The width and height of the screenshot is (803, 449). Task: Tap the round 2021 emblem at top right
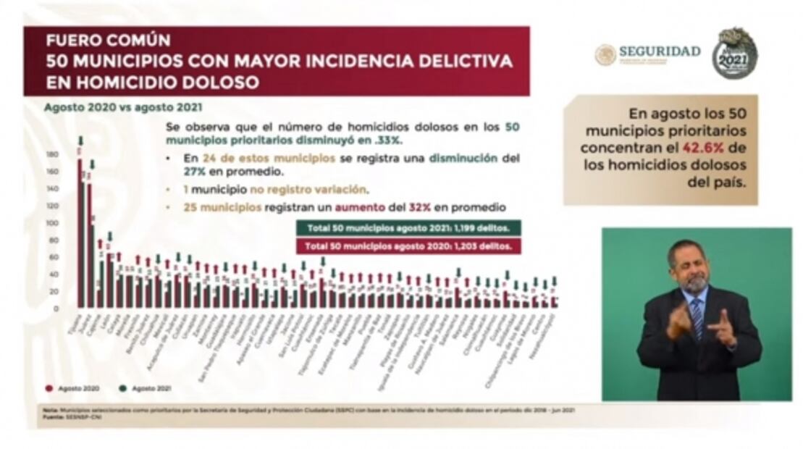734,54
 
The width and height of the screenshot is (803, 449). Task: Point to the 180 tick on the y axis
52,154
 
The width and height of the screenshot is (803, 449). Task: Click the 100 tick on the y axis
52,223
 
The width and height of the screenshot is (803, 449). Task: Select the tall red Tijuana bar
80,232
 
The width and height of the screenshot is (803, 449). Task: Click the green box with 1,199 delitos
408,229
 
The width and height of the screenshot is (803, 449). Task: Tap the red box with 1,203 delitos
408,246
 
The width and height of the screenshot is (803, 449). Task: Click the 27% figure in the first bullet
174,173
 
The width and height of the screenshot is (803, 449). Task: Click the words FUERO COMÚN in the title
109,41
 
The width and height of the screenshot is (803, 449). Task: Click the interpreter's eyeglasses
692,265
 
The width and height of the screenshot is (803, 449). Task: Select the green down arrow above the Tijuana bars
81,140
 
